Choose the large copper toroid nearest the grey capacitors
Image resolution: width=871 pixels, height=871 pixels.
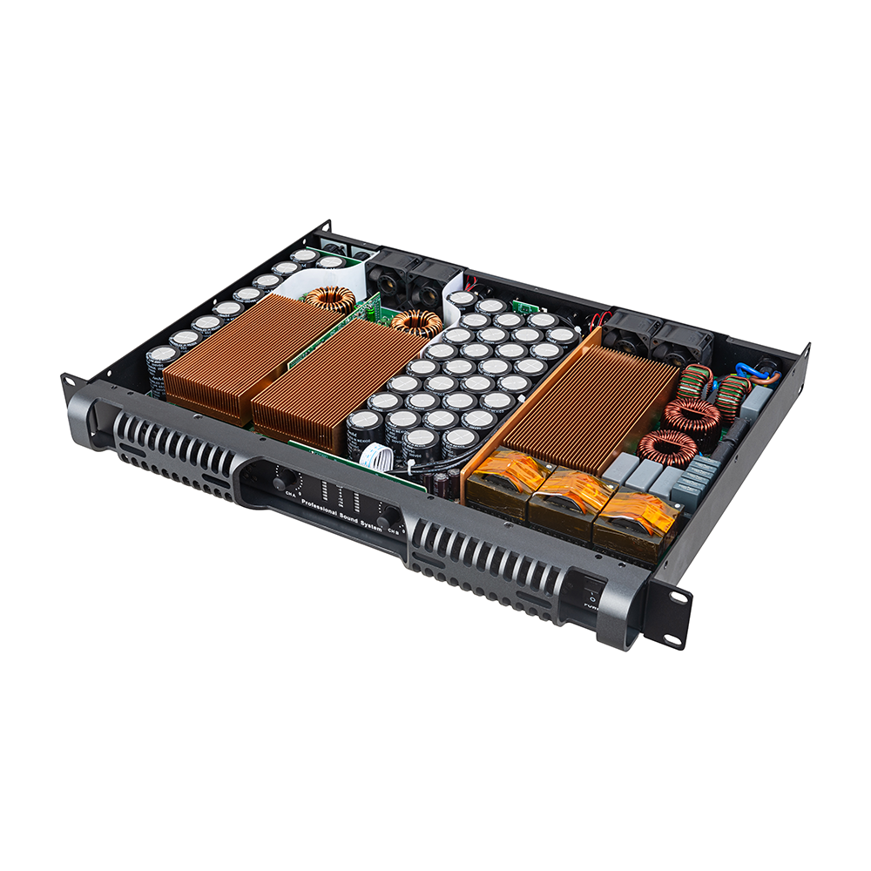coord(668,445)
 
